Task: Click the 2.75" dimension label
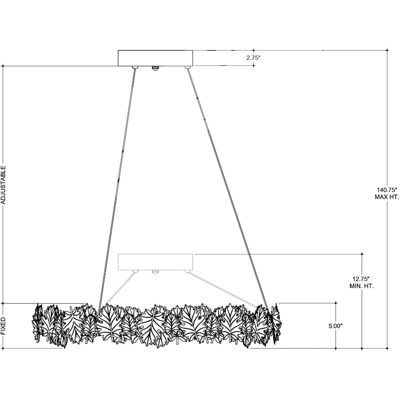(253, 58)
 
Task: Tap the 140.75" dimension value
(387, 190)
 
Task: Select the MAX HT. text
(387, 197)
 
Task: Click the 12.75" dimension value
(361, 279)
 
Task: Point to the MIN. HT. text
(361, 286)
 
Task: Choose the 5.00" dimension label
(336, 326)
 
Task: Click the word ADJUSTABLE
(3, 185)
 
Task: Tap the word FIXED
(3, 326)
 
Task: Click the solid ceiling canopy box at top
(155, 58)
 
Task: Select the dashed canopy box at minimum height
(155, 262)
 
